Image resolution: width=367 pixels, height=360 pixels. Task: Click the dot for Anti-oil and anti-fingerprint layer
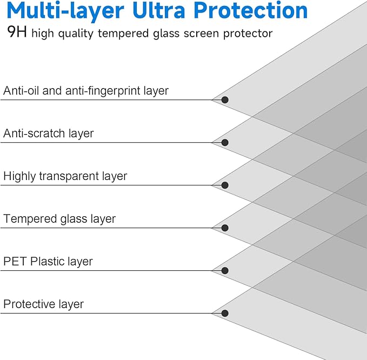[x=225, y=100]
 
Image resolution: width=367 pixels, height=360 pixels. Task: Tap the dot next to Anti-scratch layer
[x=225, y=143]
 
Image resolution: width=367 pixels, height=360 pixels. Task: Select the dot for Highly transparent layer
[x=225, y=185]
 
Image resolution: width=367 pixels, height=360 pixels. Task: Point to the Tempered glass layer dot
[x=225, y=228]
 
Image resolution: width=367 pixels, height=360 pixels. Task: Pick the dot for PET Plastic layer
[x=225, y=270]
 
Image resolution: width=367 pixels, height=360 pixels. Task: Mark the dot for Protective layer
[x=225, y=313]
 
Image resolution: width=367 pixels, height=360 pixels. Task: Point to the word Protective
[x=30, y=304]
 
